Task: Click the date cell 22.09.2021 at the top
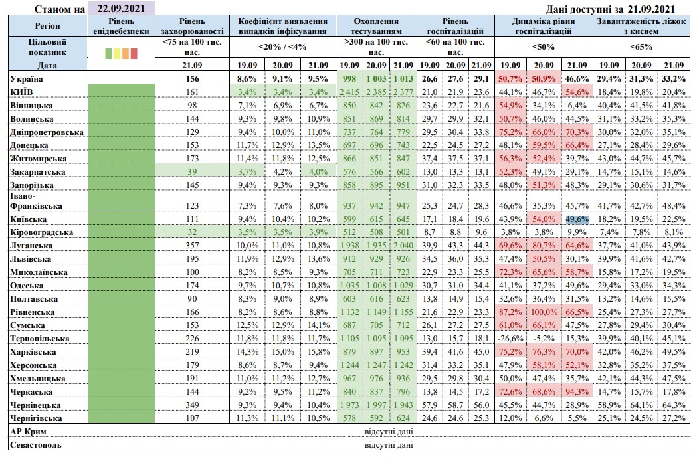tap(120, 8)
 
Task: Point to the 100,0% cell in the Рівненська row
tap(544, 312)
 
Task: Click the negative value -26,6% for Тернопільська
tap(510, 338)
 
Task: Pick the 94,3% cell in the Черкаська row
tap(576, 391)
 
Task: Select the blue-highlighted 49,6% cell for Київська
tap(576, 219)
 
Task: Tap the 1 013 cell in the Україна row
tap(403, 78)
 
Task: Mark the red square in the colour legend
tap(134, 53)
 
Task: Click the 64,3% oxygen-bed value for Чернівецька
tap(673, 405)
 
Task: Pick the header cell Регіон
tap(47, 26)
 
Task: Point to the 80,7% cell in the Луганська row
tap(544, 245)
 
